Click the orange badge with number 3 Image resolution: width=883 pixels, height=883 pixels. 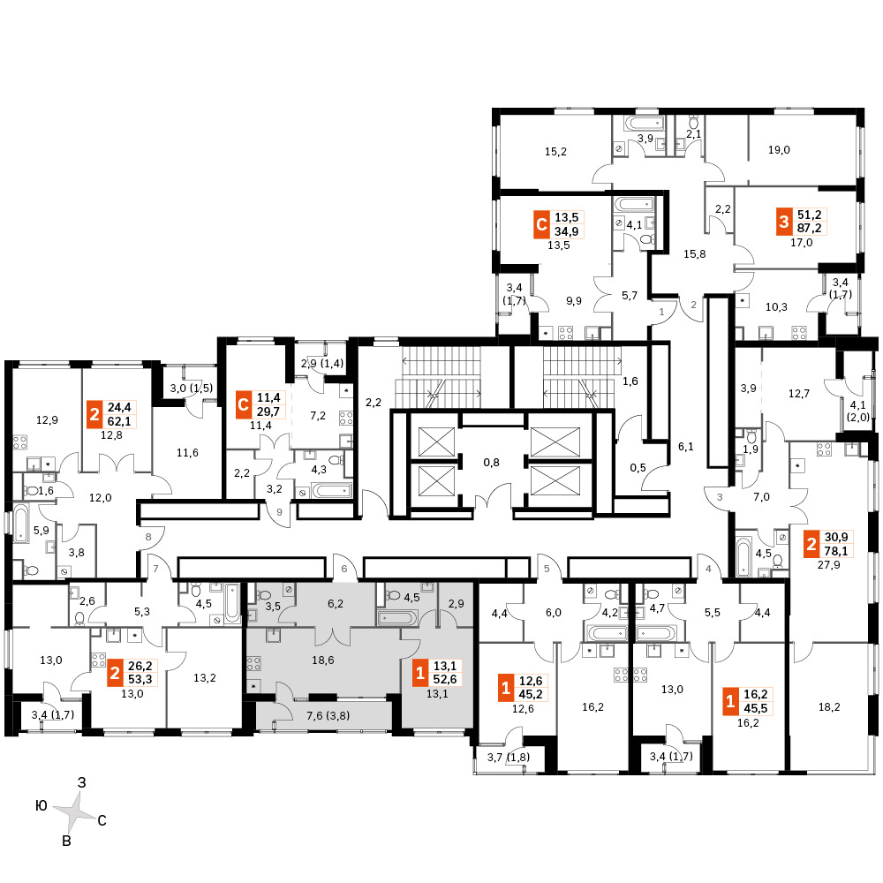[784, 222]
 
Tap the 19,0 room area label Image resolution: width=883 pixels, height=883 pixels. [779, 150]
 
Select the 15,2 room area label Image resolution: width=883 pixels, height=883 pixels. [555, 152]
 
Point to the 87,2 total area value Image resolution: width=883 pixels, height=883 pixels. [809, 228]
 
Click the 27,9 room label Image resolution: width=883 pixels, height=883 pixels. [829, 564]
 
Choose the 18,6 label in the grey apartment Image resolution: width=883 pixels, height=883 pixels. [322, 660]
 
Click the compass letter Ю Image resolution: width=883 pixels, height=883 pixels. [42, 806]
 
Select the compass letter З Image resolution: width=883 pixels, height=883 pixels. [82, 782]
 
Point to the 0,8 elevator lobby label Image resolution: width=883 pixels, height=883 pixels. [492, 463]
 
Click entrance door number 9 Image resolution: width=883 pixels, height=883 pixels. [279, 512]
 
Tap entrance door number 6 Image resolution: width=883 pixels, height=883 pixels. [344, 569]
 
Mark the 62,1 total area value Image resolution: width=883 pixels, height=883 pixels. [119, 420]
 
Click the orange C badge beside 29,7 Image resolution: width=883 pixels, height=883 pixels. [244, 404]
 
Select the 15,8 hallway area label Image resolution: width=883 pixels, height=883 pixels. [694, 254]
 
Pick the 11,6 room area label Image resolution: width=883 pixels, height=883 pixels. [187, 453]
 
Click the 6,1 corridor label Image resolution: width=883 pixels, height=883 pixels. [686, 447]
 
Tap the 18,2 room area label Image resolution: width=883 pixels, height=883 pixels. [829, 706]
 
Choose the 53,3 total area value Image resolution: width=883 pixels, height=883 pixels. [140, 680]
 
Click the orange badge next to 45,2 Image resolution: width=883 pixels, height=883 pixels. [506, 688]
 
